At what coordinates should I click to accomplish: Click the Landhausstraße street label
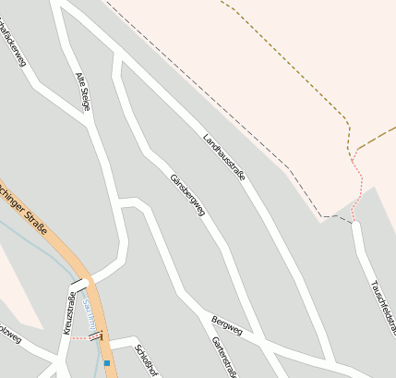click(224, 157)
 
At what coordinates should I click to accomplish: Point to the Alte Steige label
click(82, 91)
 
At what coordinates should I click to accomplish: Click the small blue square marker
click(107, 363)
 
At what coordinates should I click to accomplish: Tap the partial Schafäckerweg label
click(13, 42)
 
